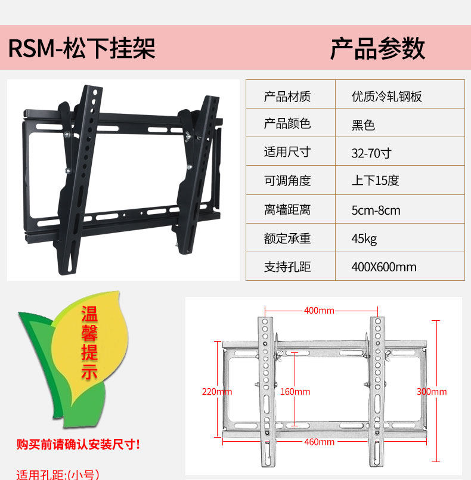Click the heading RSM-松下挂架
82,48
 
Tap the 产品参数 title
377,48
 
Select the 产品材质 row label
287,97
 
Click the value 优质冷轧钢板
387,97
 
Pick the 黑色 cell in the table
363,125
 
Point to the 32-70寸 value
371,153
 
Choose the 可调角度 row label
287,181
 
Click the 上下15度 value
375,181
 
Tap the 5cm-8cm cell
376,210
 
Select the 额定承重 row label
287,239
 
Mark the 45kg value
364,239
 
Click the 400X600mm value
384,267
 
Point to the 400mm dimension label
319,311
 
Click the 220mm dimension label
217,392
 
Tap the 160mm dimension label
295,392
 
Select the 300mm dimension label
432,392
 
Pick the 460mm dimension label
319,442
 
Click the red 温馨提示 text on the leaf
89,343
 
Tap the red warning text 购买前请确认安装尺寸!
79,444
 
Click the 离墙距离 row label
287,210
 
